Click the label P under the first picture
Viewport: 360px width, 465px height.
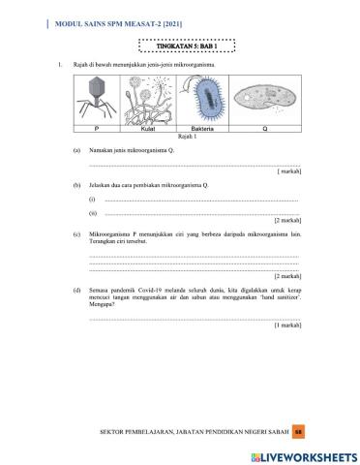tap(97, 128)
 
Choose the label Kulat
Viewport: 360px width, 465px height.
tap(148, 128)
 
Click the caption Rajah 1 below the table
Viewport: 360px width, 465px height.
tap(181, 136)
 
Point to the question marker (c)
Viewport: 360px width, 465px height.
tap(76, 234)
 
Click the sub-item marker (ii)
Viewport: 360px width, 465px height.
tap(93, 212)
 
